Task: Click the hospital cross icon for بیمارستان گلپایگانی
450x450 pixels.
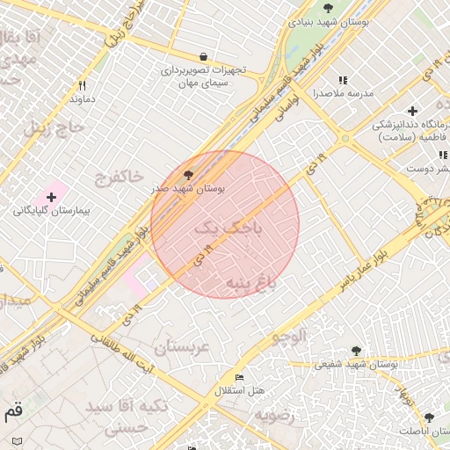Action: click(x=51, y=197)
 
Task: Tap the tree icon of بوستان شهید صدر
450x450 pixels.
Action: click(x=188, y=175)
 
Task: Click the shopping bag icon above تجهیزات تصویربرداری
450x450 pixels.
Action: click(x=204, y=55)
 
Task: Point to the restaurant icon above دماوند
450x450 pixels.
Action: click(x=83, y=86)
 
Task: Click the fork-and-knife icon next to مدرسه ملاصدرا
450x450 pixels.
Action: click(x=343, y=80)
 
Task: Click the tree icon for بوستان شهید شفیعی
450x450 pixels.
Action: click(x=356, y=351)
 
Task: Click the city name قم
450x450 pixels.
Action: click(x=13, y=410)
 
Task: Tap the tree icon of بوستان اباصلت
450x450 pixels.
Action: click(x=429, y=418)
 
